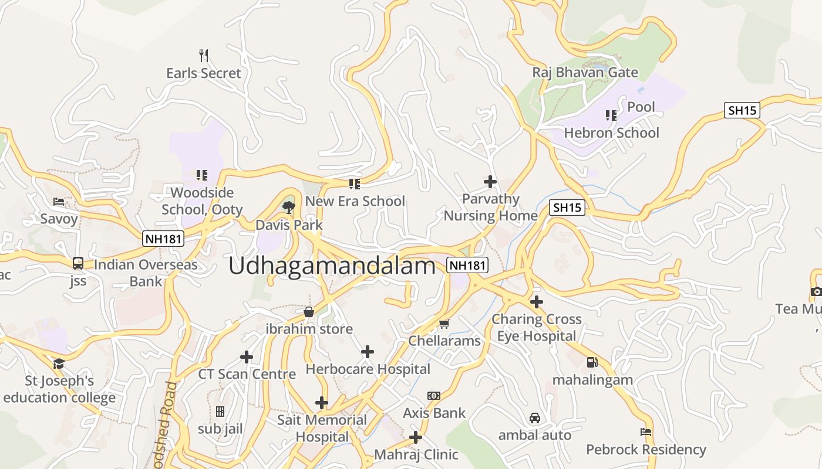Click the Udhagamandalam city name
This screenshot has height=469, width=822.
point(332,266)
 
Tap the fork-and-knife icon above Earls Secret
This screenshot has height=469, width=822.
point(204,56)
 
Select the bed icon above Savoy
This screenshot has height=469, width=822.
point(59,202)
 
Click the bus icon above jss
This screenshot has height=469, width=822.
point(78,263)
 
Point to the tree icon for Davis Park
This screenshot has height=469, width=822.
point(288,207)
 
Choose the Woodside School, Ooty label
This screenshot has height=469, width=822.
point(202,200)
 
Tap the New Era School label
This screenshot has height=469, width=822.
point(355,201)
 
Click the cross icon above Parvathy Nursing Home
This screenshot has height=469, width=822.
point(490,182)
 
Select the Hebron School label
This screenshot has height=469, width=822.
point(611,133)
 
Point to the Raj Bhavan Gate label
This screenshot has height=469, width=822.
point(585,73)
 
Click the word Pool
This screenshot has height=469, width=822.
point(641,107)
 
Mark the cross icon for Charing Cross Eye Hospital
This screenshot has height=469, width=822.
point(536,302)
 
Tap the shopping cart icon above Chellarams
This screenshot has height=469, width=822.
point(444,324)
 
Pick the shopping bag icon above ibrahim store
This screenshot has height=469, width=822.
point(309,311)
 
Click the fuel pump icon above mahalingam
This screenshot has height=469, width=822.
point(592,362)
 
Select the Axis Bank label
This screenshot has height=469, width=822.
point(434,413)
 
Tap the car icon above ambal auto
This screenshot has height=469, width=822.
point(534,418)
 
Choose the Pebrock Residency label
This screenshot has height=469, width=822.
point(646,450)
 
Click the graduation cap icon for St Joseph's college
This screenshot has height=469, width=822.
point(59,364)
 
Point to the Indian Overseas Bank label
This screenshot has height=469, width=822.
point(146,273)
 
